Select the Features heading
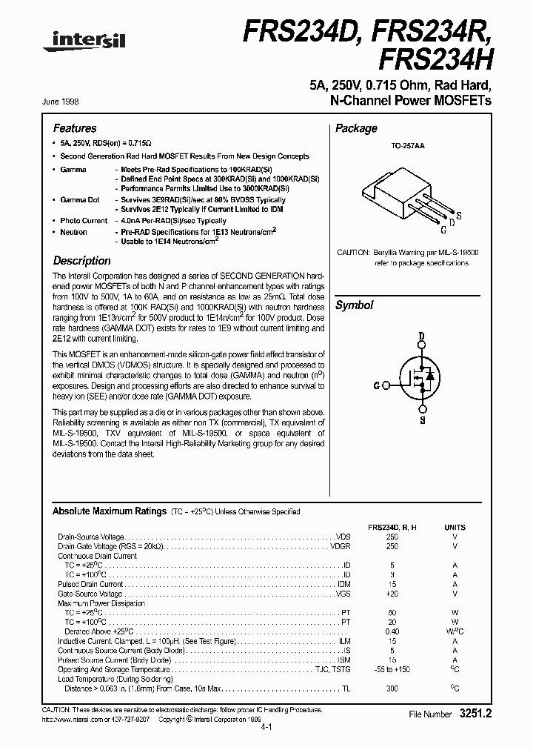tap(75, 128)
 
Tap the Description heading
tap(82, 261)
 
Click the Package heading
tap(356, 128)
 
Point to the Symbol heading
tap(355, 305)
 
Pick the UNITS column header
tap(455, 527)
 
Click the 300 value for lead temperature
tap(392, 688)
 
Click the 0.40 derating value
tap(392, 631)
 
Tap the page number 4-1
tap(266, 727)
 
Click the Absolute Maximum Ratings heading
tap(109, 511)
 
